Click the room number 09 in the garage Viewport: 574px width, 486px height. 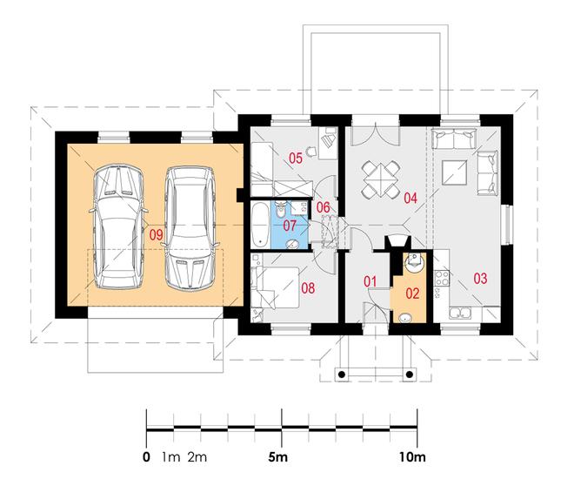pyautogui.click(x=156, y=235)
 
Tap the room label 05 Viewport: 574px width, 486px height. pyautogui.click(x=296, y=159)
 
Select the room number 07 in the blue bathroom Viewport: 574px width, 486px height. pyautogui.click(x=290, y=226)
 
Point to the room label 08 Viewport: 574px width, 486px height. pyautogui.click(x=308, y=288)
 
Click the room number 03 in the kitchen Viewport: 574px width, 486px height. pyautogui.click(x=480, y=279)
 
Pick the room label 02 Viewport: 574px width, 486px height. pyautogui.click(x=412, y=294)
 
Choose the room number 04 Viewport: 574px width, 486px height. pyautogui.click(x=410, y=199)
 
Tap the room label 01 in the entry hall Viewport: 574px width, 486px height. pyautogui.click(x=370, y=281)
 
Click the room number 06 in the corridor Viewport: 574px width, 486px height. pyautogui.click(x=324, y=207)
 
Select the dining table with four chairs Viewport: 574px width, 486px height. pyautogui.click(x=380, y=180)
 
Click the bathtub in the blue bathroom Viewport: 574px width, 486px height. pyautogui.click(x=260, y=225)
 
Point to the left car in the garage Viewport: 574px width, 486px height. pyautogui.click(x=118, y=227)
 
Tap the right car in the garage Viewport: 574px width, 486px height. pyautogui.click(x=190, y=228)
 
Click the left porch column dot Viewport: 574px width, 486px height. pyautogui.click(x=342, y=375)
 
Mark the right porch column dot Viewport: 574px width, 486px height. pyautogui.click(x=410, y=375)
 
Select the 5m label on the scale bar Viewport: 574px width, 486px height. pyautogui.click(x=277, y=457)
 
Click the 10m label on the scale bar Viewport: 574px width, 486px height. pyautogui.click(x=412, y=457)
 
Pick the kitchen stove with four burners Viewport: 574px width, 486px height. pyautogui.click(x=442, y=278)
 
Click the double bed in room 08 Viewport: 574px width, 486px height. pyautogui.click(x=277, y=287)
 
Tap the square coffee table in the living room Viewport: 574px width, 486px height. pyautogui.click(x=454, y=172)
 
